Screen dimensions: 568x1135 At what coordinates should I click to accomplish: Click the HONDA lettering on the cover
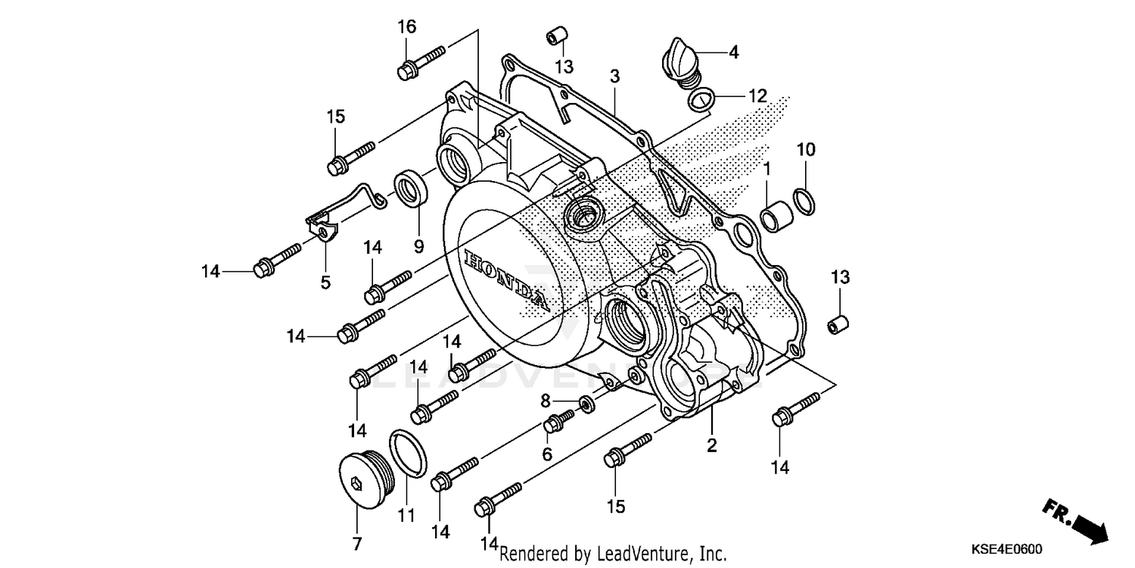503,278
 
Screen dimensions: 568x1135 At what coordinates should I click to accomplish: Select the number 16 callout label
407,27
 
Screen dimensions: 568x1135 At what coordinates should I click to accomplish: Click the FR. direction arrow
1077,520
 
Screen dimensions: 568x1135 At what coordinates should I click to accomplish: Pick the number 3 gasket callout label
615,76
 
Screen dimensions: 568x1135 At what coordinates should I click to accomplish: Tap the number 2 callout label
711,445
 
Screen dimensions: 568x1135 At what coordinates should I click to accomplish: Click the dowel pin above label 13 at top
558,36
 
